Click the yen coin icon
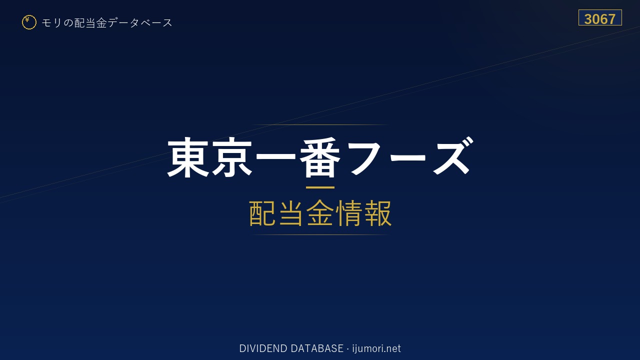(x=29, y=22)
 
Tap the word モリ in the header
(x=51, y=23)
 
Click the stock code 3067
(x=599, y=19)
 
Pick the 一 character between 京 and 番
(x=275, y=156)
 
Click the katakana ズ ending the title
(x=452, y=156)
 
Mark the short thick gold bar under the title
(x=320, y=187)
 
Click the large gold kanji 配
(x=262, y=213)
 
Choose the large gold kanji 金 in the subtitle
(x=320, y=213)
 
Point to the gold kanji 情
(x=348, y=213)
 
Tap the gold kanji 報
(x=377, y=213)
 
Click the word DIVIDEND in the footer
(x=263, y=348)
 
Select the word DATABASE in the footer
(x=317, y=348)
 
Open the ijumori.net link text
(x=376, y=349)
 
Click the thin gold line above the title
(x=320, y=125)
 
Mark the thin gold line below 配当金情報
(x=320, y=235)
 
